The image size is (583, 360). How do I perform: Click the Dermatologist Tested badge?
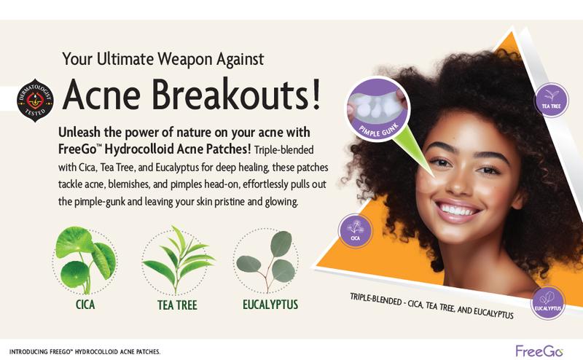tap(35, 100)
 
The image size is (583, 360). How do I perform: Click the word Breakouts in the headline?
tap(230, 95)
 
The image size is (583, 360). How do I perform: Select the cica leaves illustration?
tap(85, 260)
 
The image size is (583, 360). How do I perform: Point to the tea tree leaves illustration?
tap(178, 260)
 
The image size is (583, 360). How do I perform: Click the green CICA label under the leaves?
tap(85, 305)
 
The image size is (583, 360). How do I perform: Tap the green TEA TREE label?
tap(177, 305)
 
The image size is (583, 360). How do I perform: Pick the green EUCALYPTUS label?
tap(270, 305)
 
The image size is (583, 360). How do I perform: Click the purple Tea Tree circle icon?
tap(551, 100)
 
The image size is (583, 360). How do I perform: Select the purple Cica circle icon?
tap(355, 231)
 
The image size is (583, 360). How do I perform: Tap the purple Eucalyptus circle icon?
tap(548, 302)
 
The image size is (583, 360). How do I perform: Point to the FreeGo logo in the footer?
tap(539, 351)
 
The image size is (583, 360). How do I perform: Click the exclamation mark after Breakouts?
tap(316, 94)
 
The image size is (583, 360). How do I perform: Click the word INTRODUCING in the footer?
tap(28, 352)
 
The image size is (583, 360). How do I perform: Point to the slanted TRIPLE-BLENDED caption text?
tap(431, 306)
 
